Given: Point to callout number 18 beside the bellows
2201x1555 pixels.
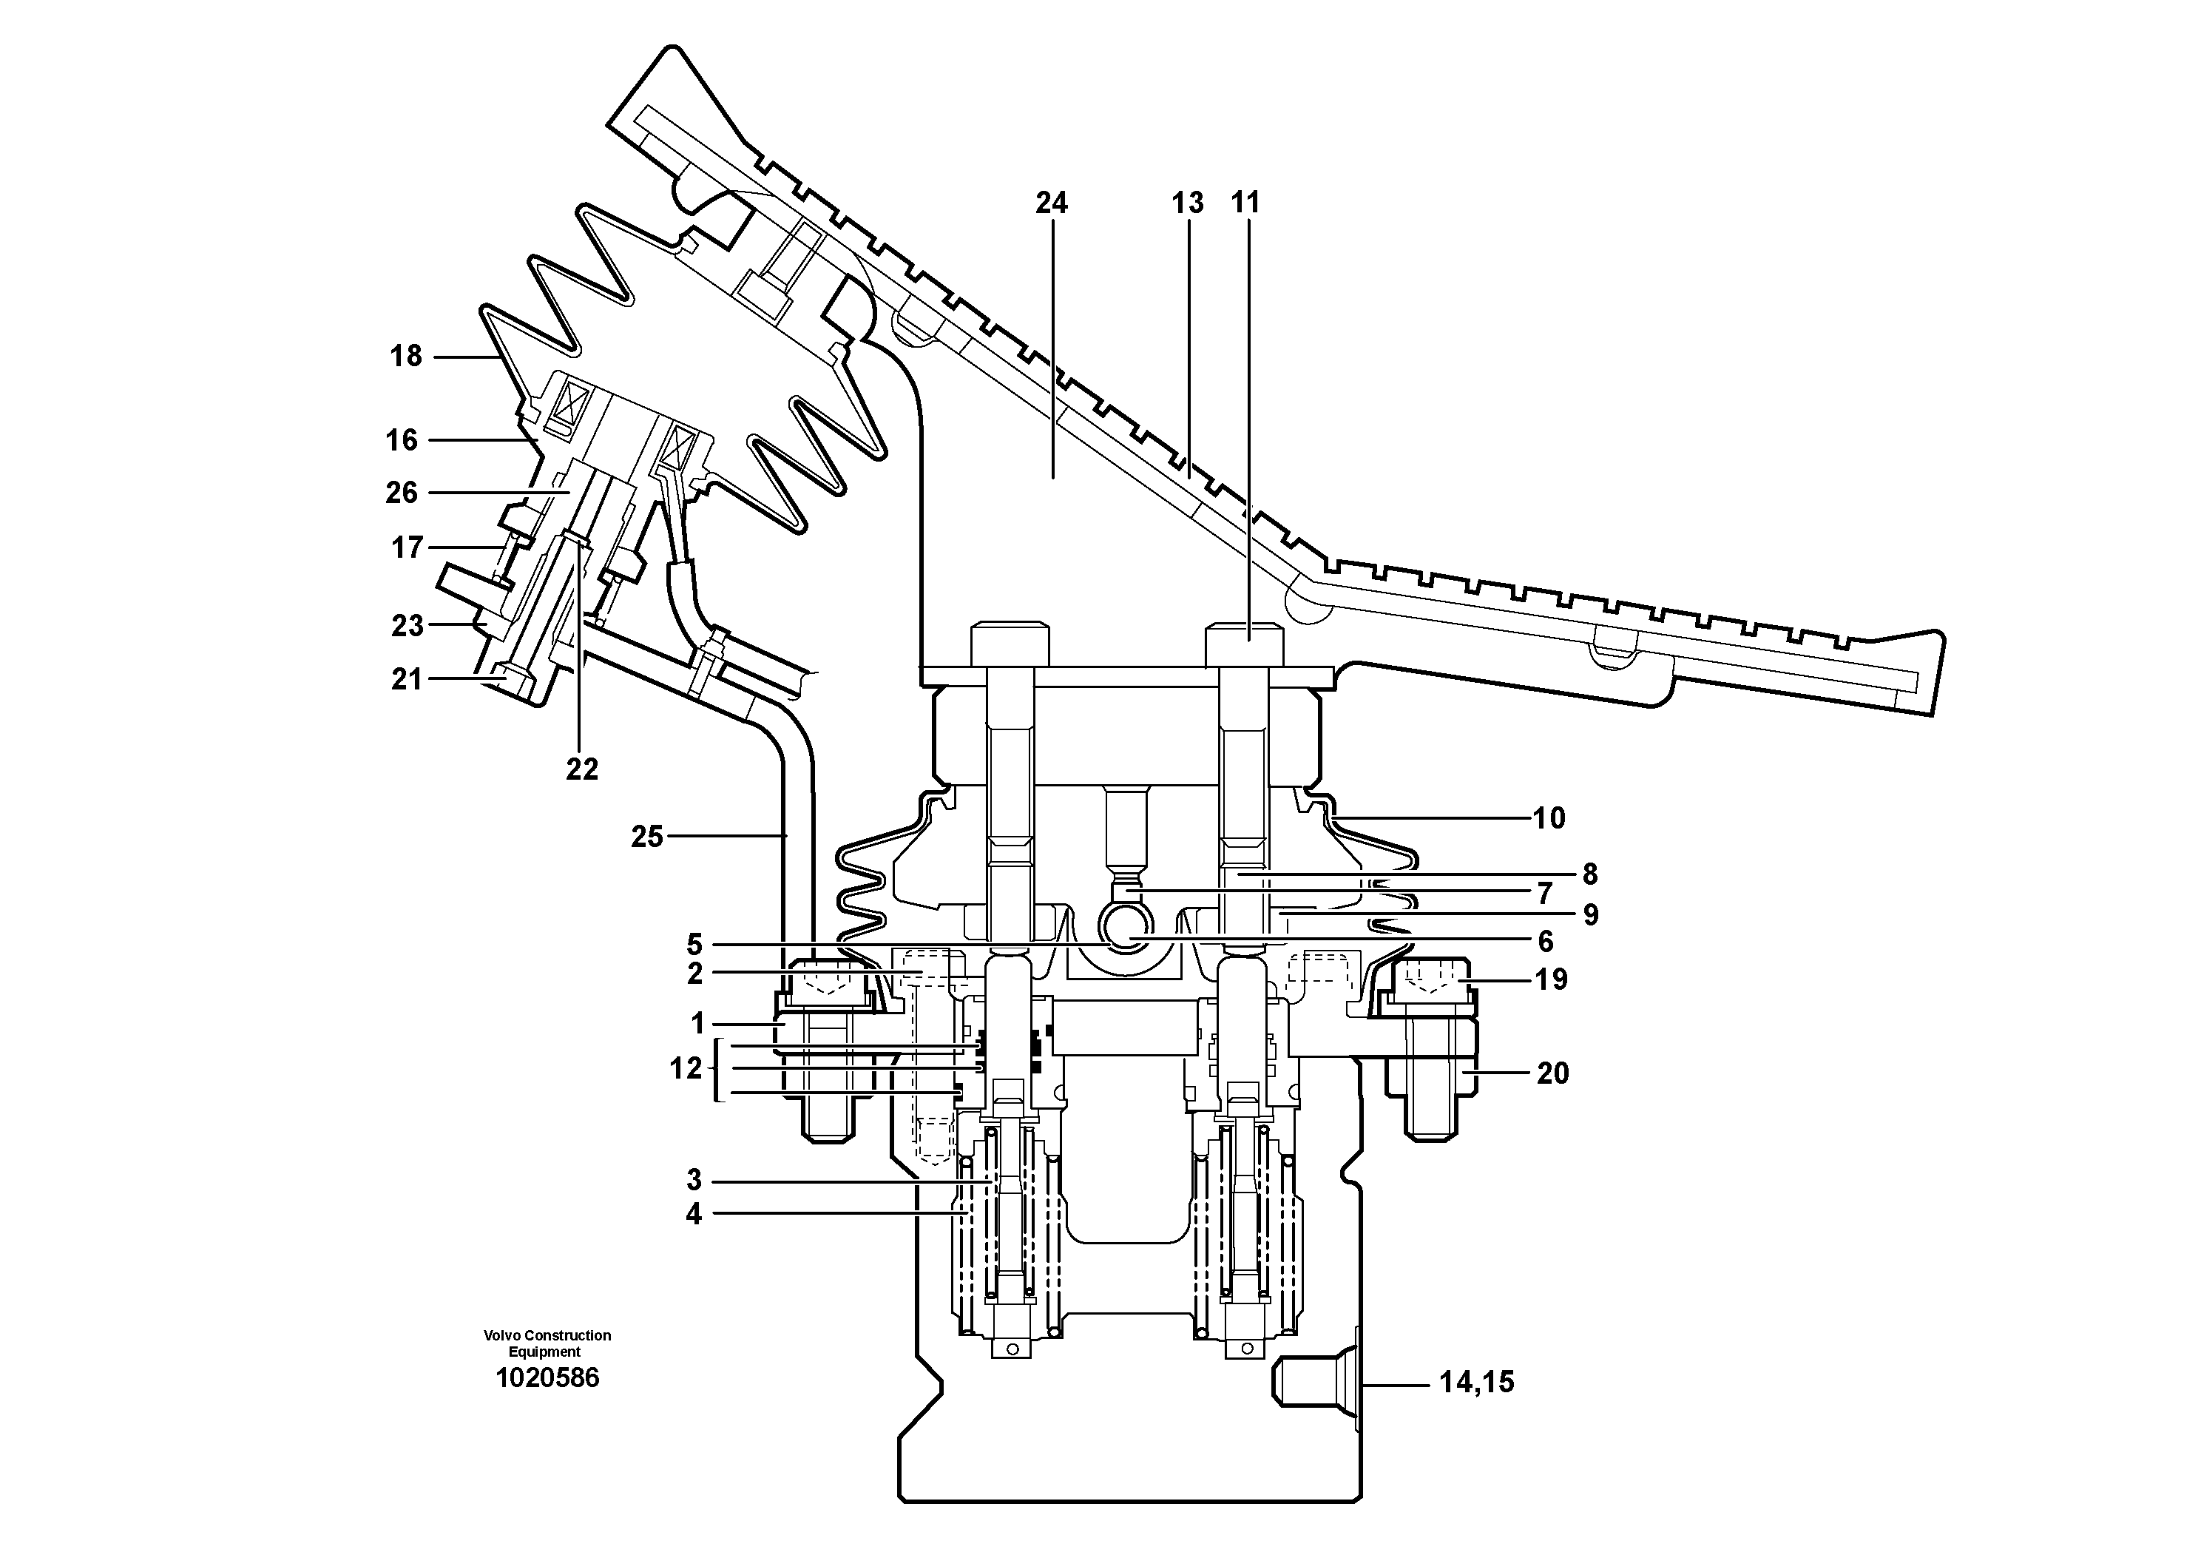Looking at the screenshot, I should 405,357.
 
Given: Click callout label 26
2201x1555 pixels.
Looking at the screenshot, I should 402,493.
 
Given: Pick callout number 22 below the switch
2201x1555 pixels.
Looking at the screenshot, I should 582,769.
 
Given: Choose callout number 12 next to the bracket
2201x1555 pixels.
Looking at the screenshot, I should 686,1068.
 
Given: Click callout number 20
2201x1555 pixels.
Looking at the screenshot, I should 1553,1073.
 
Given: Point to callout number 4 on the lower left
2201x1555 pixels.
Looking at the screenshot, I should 693,1215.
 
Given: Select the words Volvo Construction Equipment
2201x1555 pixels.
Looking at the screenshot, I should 547,1343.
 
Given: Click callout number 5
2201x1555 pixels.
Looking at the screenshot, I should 694,943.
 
